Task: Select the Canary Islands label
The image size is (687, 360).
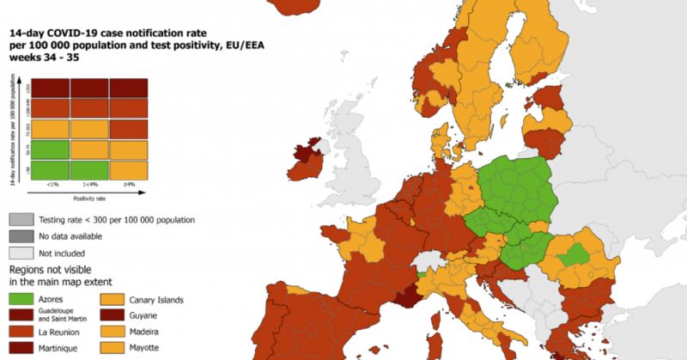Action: tap(160, 300)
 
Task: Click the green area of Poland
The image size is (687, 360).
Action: tap(515, 185)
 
